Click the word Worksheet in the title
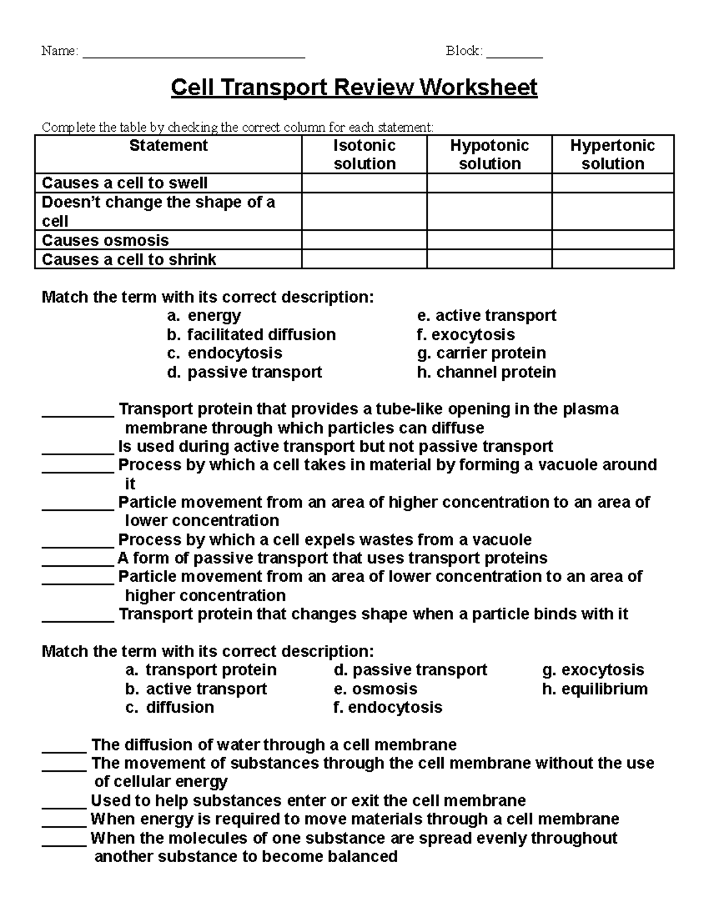(x=479, y=87)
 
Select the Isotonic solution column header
(x=365, y=155)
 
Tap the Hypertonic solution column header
(x=613, y=155)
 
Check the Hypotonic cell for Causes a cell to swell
(x=489, y=183)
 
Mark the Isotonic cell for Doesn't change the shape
(x=365, y=211)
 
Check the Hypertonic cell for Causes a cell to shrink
(x=613, y=259)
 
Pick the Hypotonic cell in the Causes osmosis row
(x=489, y=240)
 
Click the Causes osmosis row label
(x=105, y=240)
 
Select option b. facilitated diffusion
(x=251, y=335)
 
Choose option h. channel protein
(x=486, y=372)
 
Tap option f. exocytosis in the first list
(x=466, y=335)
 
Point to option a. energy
(x=204, y=316)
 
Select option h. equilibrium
(x=594, y=689)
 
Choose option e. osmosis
(x=375, y=689)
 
